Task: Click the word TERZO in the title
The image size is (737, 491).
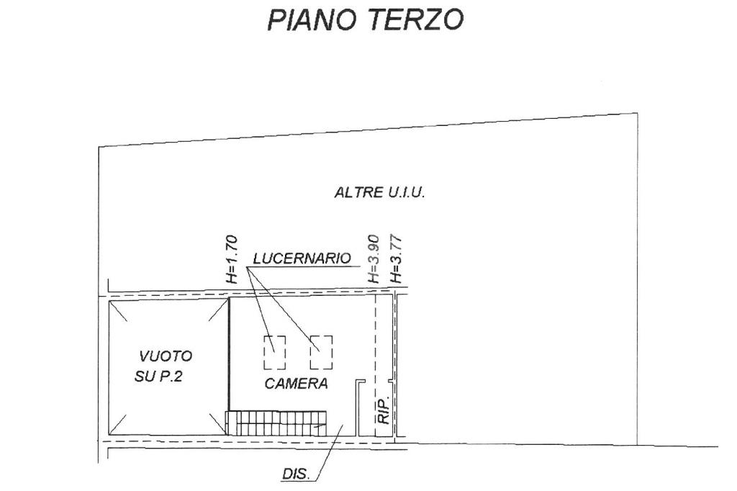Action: point(417,20)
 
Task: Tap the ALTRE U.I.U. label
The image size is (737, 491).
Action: point(380,192)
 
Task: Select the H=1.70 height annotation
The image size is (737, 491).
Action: point(232,260)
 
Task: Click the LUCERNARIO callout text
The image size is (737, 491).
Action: point(302,258)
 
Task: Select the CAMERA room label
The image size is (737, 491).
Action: point(296,384)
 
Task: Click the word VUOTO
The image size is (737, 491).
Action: point(166,356)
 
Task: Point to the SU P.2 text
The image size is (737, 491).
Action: point(158,376)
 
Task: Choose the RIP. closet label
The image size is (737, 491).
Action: point(384,409)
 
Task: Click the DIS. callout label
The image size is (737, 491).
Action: point(295,474)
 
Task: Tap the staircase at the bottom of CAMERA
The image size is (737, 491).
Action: point(277,423)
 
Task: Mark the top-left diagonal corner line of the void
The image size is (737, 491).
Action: point(120,311)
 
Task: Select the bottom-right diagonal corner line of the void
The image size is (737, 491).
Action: point(216,424)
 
